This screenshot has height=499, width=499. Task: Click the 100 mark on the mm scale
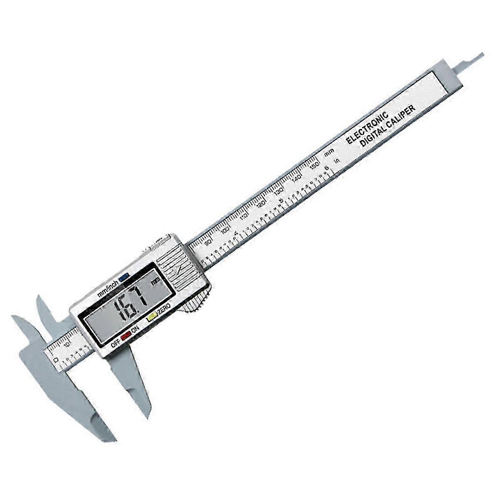(225, 230)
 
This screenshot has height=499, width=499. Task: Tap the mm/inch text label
(106, 289)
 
